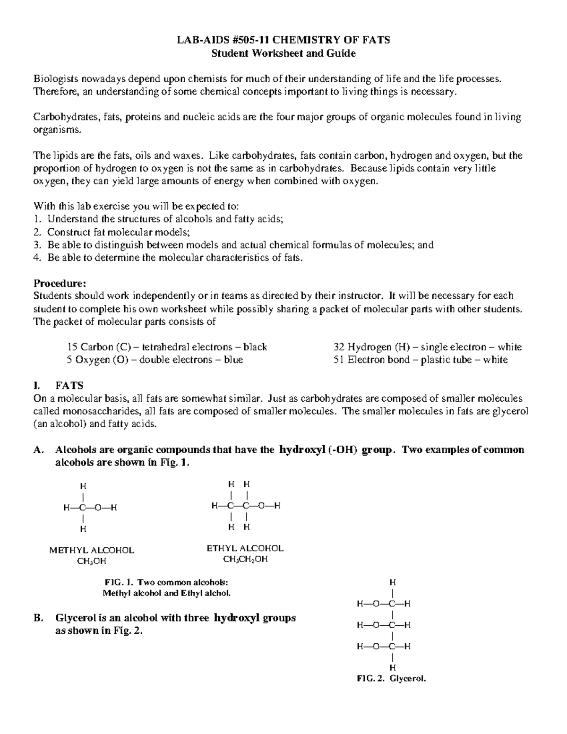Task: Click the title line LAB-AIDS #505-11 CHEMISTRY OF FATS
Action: click(283, 40)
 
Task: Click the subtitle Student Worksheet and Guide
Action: click(283, 53)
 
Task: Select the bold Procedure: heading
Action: click(60, 284)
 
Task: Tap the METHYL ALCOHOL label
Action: click(92, 550)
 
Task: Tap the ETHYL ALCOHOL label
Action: click(245, 548)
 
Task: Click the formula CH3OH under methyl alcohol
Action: click(92, 561)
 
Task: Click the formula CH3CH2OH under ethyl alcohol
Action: click(245, 560)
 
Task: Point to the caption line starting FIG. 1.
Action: click(166, 582)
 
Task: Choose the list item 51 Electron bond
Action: click(421, 360)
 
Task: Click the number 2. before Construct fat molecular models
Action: click(37, 232)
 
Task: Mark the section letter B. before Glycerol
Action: click(39, 618)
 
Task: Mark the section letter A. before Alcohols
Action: click(39, 449)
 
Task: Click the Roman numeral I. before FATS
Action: click(37, 386)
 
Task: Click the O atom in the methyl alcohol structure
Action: click(98, 508)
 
